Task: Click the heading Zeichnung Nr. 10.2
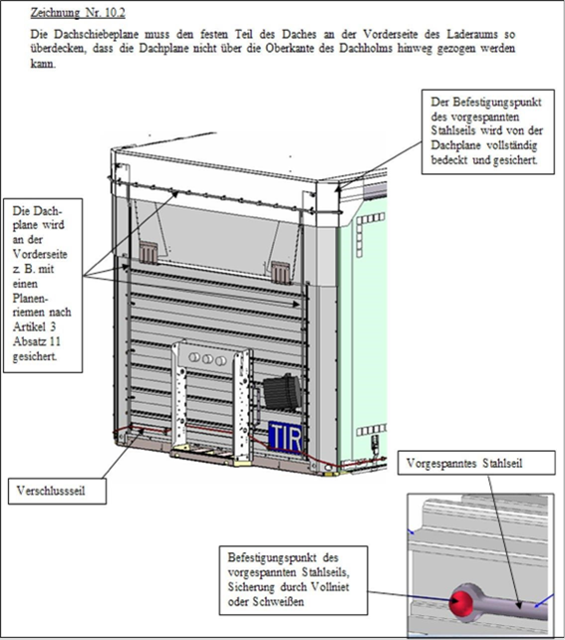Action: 78,13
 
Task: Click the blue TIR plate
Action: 285,438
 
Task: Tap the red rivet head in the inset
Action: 460,602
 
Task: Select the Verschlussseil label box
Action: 57,491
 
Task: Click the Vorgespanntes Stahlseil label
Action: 464,463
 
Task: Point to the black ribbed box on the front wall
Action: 281,392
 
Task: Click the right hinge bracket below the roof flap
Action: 281,272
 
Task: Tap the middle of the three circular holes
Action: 207,359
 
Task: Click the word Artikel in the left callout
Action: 29,326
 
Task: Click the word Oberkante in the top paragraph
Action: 289,49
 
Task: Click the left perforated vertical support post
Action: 179,394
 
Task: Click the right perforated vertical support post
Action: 242,403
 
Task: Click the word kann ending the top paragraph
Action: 43,64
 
